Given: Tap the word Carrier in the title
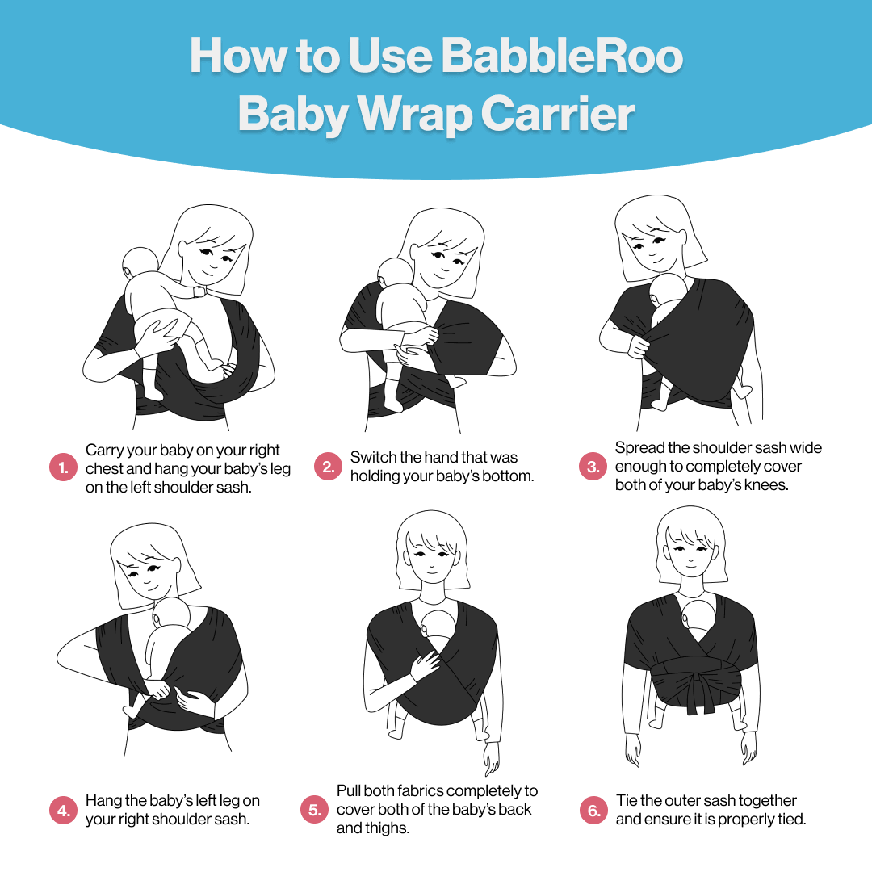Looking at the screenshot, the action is (558, 114).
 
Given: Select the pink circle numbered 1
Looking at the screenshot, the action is (64, 467).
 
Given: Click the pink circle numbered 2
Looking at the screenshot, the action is (328, 467).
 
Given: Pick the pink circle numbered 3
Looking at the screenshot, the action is (593, 467).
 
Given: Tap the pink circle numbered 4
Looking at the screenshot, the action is (64, 811).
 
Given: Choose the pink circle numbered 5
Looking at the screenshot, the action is (314, 810).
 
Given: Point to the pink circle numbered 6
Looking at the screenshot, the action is (593, 811).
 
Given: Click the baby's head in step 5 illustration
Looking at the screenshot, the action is (438, 628).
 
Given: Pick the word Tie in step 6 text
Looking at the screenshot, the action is (627, 801).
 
